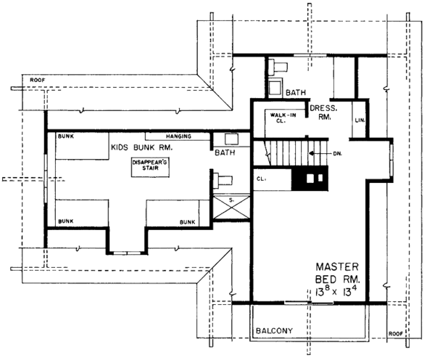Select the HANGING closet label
pyautogui.click(x=178, y=136)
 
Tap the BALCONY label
pyautogui.click(x=274, y=332)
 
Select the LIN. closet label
pyautogui.click(x=359, y=120)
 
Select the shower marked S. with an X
pyautogui.click(x=231, y=207)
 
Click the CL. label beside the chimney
pyautogui.click(x=261, y=177)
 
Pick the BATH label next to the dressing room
pyautogui.click(x=296, y=94)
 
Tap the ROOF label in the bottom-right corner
pyautogui.click(x=396, y=334)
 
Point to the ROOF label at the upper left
pyautogui.click(x=37, y=80)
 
